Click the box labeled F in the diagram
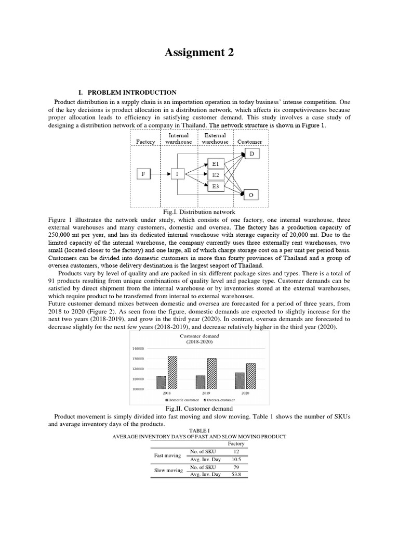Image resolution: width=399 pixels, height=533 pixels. point(144,174)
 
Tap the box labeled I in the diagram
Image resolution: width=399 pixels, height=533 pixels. point(177,174)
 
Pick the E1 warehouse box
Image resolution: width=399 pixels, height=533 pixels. point(215,163)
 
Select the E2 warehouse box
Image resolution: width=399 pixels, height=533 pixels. point(215,174)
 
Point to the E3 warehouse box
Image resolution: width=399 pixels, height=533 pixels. point(215,186)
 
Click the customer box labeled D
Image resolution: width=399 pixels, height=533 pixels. point(252,154)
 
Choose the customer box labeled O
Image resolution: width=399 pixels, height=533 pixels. point(252,195)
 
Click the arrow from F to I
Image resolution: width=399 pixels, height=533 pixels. point(161,174)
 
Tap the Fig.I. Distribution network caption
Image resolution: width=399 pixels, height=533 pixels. point(199,212)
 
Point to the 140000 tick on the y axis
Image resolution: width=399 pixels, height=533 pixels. point(138,349)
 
